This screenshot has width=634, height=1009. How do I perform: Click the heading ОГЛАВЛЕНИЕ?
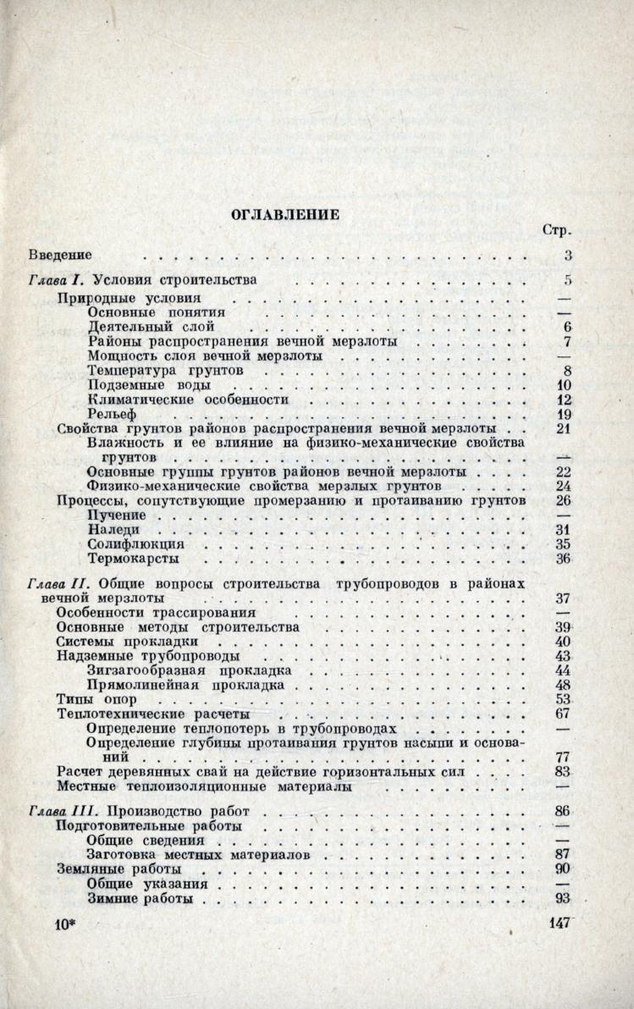click(x=285, y=215)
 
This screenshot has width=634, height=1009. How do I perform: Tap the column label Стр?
click(x=556, y=230)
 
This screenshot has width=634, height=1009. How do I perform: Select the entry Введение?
click(x=60, y=255)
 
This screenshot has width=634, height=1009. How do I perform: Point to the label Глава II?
click(x=59, y=584)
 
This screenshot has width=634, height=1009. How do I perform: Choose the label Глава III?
click(x=63, y=811)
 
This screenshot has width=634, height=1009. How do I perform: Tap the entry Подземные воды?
click(x=144, y=385)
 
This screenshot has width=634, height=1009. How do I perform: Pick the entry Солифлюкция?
click(x=135, y=544)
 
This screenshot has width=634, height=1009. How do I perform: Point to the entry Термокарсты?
click(x=132, y=560)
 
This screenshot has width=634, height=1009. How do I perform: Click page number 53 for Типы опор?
click(x=563, y=699)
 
